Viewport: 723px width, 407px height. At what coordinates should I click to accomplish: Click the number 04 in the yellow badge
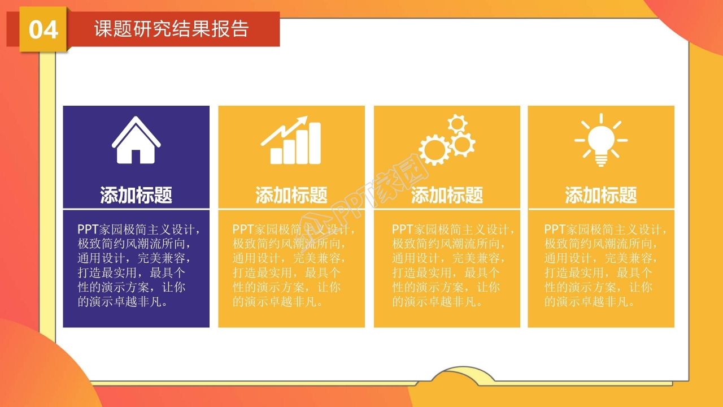point(43,30)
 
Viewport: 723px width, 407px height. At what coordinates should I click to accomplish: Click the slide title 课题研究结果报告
point(171,29)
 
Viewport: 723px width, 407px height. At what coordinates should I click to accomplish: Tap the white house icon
point(136,141)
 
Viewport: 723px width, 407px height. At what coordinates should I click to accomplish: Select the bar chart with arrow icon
point(291,141)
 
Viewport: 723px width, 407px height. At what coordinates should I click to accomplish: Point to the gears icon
point(446,141)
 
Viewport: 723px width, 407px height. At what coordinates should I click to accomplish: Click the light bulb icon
point(601,140)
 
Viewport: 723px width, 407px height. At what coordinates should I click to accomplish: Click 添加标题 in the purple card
point(136,196)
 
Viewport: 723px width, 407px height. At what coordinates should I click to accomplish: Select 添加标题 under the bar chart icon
point(291,196)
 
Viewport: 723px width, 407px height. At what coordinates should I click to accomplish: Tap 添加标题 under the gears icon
point(447,196)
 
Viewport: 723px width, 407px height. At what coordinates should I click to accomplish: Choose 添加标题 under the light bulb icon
point(601,196)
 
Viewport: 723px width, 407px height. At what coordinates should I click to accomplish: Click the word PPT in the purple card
point(88,230)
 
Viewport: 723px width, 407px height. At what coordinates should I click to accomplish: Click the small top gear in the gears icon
point(457,123)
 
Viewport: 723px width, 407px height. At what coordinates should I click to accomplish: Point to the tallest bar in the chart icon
point(315,144)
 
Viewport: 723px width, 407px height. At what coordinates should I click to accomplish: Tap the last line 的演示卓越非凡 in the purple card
point(123,302)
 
